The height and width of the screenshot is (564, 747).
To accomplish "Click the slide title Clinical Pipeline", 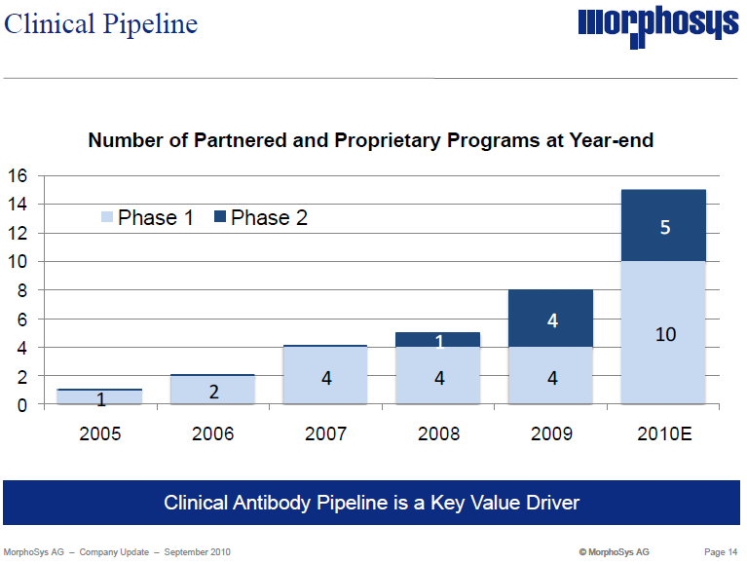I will pyautogui.click(x=100, y=23).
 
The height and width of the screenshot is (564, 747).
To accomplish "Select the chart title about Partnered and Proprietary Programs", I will pyautogui.click(x=370, y=140).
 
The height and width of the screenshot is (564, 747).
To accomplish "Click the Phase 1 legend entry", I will pyautogui.click(x=147, y=218).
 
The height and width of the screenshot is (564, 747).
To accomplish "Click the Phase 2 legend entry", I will pyautogui.click(x=260, y=218).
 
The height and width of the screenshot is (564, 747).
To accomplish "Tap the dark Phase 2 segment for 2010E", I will pyautogui.click(x=664, y=226).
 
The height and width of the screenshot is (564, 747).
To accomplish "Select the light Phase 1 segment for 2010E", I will pyautogui.click(x=664, y=333).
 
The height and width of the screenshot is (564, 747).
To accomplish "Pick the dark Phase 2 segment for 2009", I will pyautogui.click(x=551, y=319).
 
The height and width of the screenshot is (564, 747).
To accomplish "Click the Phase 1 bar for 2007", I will pyautogui.click(x=326, y=376).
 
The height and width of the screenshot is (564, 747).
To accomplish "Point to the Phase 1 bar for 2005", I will pyautogui.click(x=100, y=397).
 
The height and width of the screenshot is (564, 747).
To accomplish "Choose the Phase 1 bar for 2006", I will pyautogui.click(x=213, y=390).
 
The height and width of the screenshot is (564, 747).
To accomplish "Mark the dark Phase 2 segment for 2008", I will pyautogui.click(x=438, y=340).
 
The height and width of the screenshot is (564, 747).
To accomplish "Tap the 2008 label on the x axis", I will pyautogui.click(x=438, y=433).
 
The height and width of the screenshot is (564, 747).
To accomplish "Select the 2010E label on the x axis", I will pyautogui.click(x=664, y=433).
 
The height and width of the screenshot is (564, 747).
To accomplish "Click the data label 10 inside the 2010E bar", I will pyautogui.click(x=664, y=334).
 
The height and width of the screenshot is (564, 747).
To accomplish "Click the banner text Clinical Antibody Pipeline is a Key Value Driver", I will pyautogui.click(x=371, y=504).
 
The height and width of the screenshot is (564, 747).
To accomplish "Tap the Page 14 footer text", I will pyautogui.click(x=721, y=552).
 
